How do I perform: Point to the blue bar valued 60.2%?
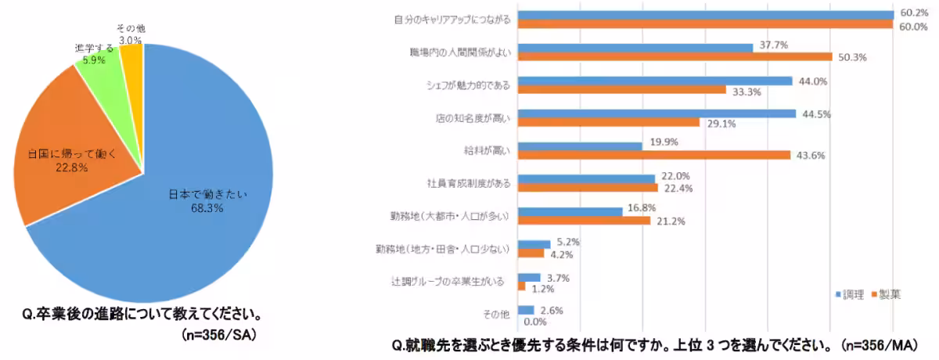point(704,14)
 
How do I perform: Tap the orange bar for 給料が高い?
point(653,155)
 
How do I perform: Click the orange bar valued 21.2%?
point(583,221)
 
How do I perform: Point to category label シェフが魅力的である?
point(466,85)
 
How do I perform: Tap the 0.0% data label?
point(535,321)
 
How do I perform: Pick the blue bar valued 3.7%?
point(528,276)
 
